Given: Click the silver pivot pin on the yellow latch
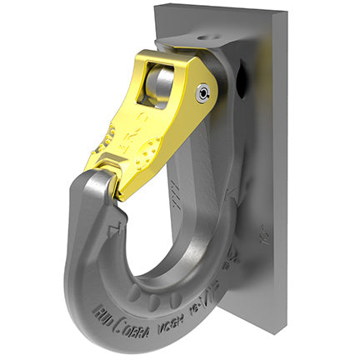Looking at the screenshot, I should [x=202, y=93].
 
